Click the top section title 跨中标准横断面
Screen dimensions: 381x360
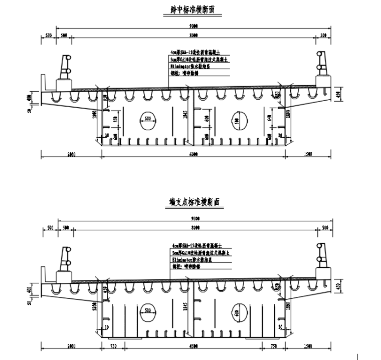click(193, 10)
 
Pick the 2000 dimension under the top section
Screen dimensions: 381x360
click(71, 154)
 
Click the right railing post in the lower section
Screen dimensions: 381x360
click(321, 260)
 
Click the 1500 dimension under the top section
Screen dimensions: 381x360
click(308, 154)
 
